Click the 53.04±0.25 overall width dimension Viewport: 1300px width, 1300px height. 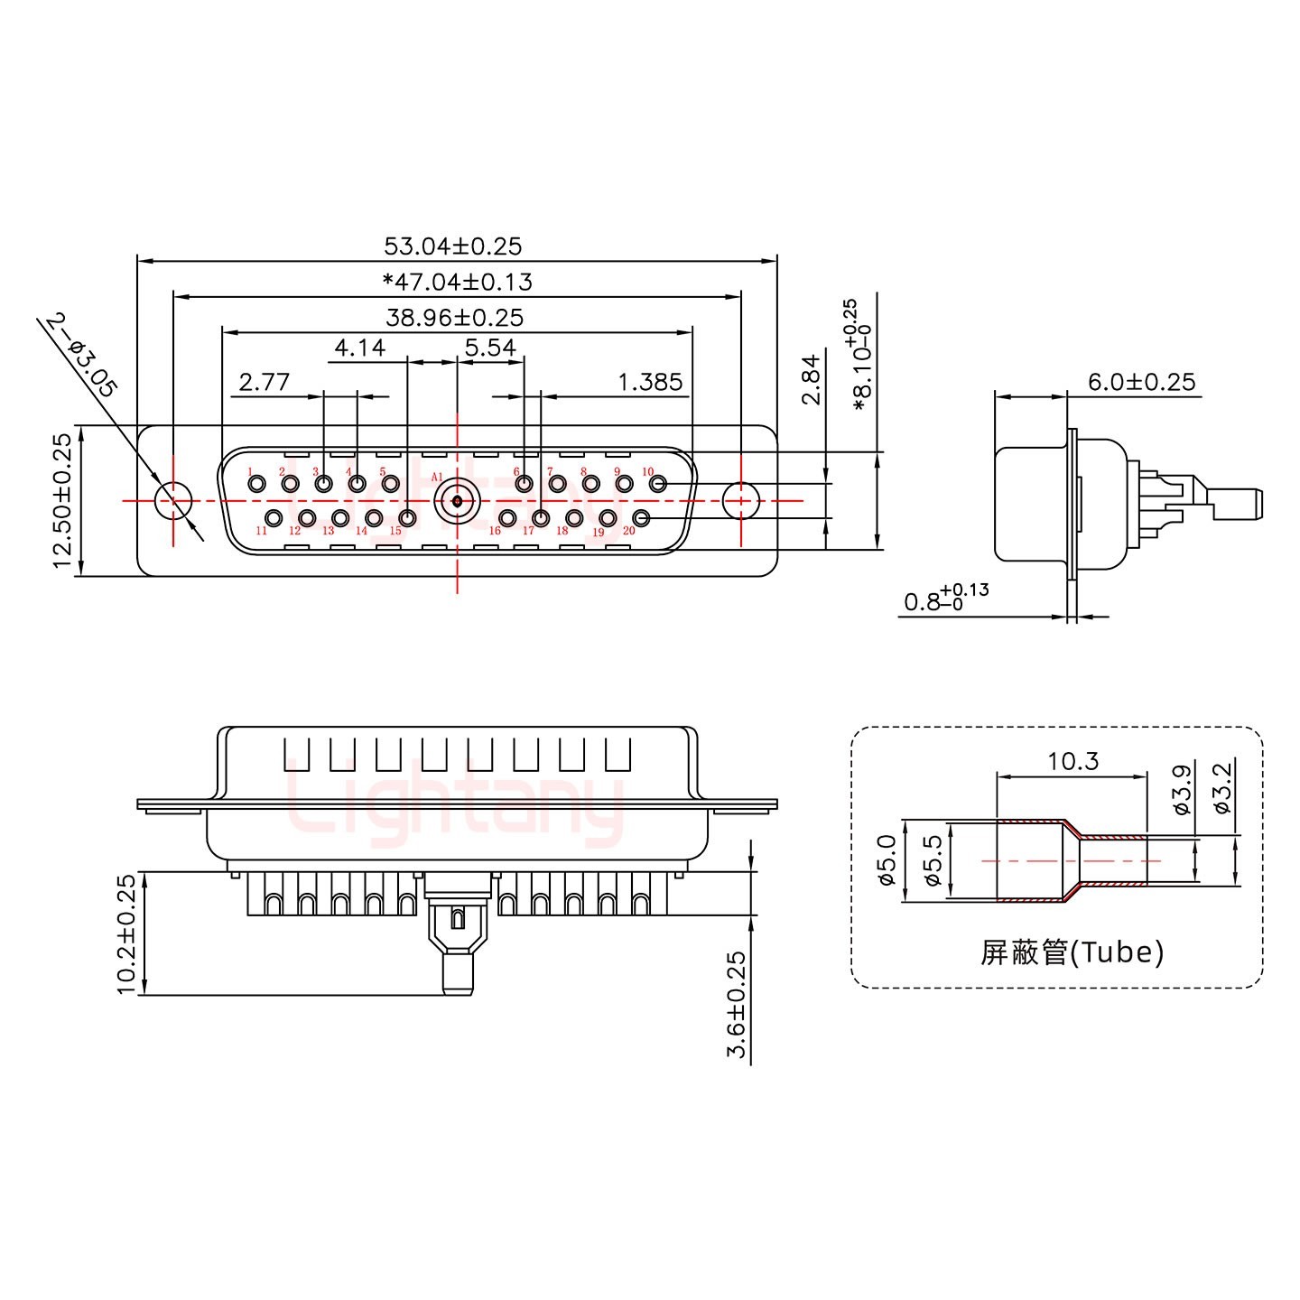[x=453, y=246]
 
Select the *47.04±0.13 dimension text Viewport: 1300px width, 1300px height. [x=458, y=282]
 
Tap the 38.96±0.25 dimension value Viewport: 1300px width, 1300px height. [x=454, y=318]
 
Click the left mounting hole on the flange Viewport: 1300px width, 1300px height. [x=173, y=500]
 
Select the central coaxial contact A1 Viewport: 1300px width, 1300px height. [x=457, y=500]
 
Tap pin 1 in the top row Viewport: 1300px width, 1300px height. [x=257, y=485]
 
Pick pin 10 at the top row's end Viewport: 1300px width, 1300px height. [x=658, y=485]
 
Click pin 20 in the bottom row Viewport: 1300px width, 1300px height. [x=642, y=517]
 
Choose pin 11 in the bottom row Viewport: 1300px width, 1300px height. [x=273, y=517]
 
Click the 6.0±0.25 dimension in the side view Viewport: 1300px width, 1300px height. [x=1141, y=382]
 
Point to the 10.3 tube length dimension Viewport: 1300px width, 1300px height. [x=1072, y=762]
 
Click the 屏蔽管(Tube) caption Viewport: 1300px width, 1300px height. [x=1072, y=952]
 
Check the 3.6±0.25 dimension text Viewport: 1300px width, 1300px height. [x=737, y=1004]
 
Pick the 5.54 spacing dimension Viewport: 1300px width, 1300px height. [x=490, y=348]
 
